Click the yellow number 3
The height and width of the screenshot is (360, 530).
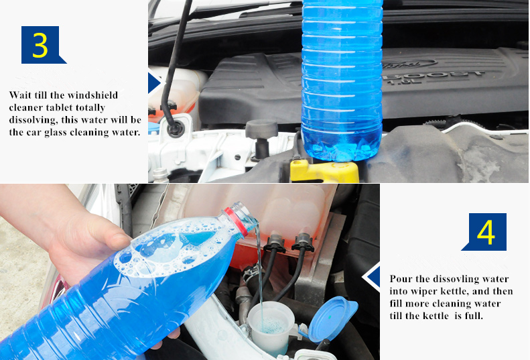click(40, 45)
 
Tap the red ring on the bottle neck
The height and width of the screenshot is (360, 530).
click(236, 222)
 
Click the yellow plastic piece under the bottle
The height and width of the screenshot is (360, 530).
click(324, 171)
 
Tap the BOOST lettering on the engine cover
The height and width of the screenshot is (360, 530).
click(434, 75)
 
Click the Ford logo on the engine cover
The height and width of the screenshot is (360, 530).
click(409, 63)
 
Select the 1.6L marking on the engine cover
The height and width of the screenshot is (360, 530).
click(403, 82)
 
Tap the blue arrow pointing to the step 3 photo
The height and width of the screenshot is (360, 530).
click(155, 83)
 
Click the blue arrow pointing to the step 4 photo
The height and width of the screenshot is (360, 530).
click(373, 277)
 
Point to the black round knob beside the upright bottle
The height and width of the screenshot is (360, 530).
click(261, 129)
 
